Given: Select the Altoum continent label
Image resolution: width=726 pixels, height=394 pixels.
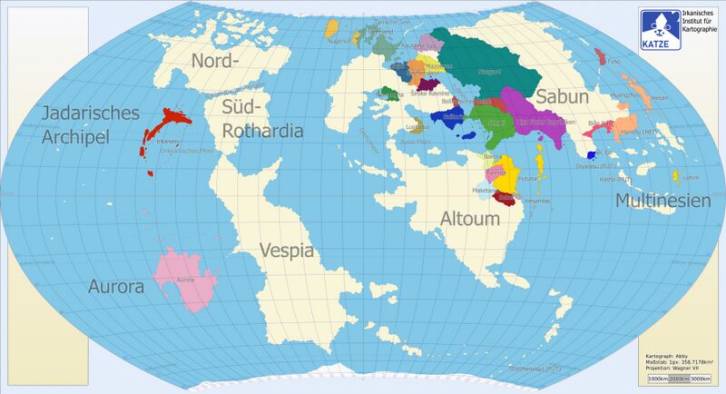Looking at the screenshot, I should pos(469,220).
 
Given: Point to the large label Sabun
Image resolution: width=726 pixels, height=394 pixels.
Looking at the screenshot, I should pos(562,97).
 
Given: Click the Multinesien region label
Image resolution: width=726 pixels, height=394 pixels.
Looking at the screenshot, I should pos(662,201).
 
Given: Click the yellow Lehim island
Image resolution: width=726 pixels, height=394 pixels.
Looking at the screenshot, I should pos(676,176).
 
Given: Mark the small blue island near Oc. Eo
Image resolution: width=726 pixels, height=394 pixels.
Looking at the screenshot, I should pos(591,155).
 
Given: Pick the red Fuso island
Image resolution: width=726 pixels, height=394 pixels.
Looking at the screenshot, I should pos(600,56).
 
